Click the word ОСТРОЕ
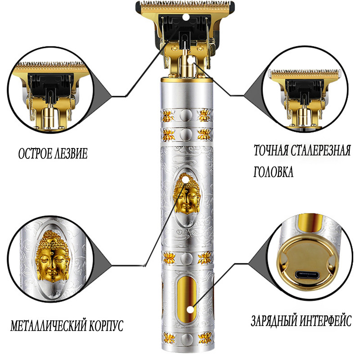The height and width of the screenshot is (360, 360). click(35, 153)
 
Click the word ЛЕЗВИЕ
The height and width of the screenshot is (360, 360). click(71, 153)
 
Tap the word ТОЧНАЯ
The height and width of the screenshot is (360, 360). click(271, 151)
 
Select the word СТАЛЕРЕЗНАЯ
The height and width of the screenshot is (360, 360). click(321, 151)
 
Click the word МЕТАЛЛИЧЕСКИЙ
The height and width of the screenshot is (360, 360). click(48, 325)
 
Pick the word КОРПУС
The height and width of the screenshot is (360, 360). click(106, 325)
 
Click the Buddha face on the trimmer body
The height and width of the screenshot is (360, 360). click(187, 193)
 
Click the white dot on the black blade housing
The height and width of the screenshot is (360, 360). click(185, 17)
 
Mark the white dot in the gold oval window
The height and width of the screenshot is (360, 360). click(190, 310)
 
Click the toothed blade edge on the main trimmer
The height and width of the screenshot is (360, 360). click(185, 5)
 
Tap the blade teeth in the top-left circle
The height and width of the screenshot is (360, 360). click(50, 65)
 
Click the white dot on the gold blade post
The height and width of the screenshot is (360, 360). click(190, 60)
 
